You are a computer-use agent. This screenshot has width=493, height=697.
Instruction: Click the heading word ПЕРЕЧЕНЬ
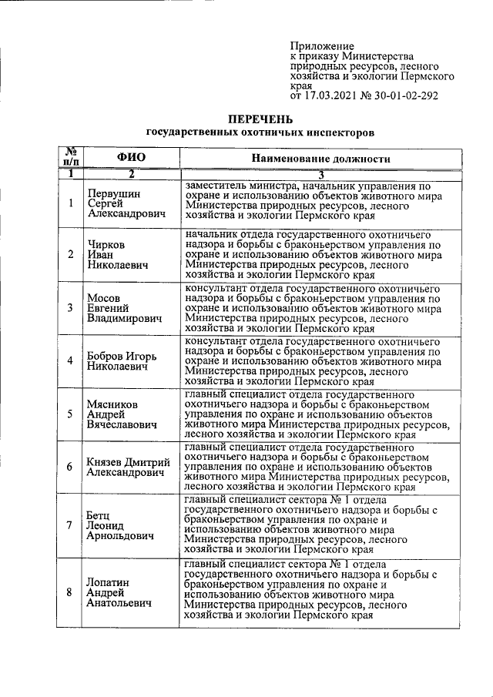pyautogui.click(x=260, y=119)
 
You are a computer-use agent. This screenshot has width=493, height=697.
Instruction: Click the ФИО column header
pyautogui.click(x=131, y=157)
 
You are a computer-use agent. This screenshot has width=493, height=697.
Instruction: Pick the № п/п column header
pyautogui.click(x=70, y=157)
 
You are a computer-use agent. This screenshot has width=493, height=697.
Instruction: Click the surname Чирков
pyautogui.click(x=107, y=244)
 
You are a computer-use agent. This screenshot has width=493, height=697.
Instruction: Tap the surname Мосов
pyautogui.click(x=105, y=297)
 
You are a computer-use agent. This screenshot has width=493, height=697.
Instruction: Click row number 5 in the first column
pyautogui.click(x=70, y=414)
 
